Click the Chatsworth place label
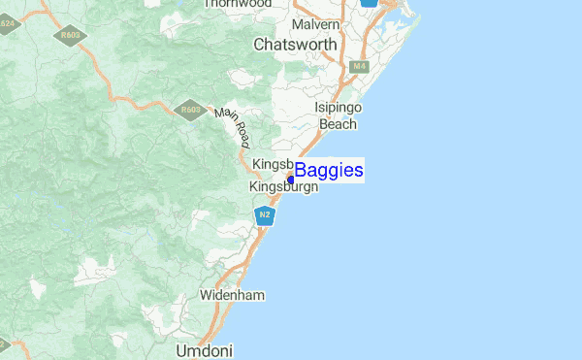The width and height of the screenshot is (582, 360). [295, 45]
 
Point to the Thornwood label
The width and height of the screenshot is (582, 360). [237, 4]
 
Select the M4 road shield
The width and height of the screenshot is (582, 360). [360, 66]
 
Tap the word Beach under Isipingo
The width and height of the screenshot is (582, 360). [339, 124]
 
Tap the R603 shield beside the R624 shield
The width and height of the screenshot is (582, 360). [71, 36]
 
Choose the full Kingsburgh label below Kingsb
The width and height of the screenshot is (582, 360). [283, 187]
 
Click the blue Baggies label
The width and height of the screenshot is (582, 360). [329, 171]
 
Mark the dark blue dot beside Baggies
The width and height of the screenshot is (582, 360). [290, 179]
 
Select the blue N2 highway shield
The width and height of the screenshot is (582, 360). [264, 213]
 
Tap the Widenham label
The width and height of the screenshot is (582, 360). [232, 294]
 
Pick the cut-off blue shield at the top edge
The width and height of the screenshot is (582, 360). [369, 3]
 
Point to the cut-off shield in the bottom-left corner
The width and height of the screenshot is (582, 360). [3, 344]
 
